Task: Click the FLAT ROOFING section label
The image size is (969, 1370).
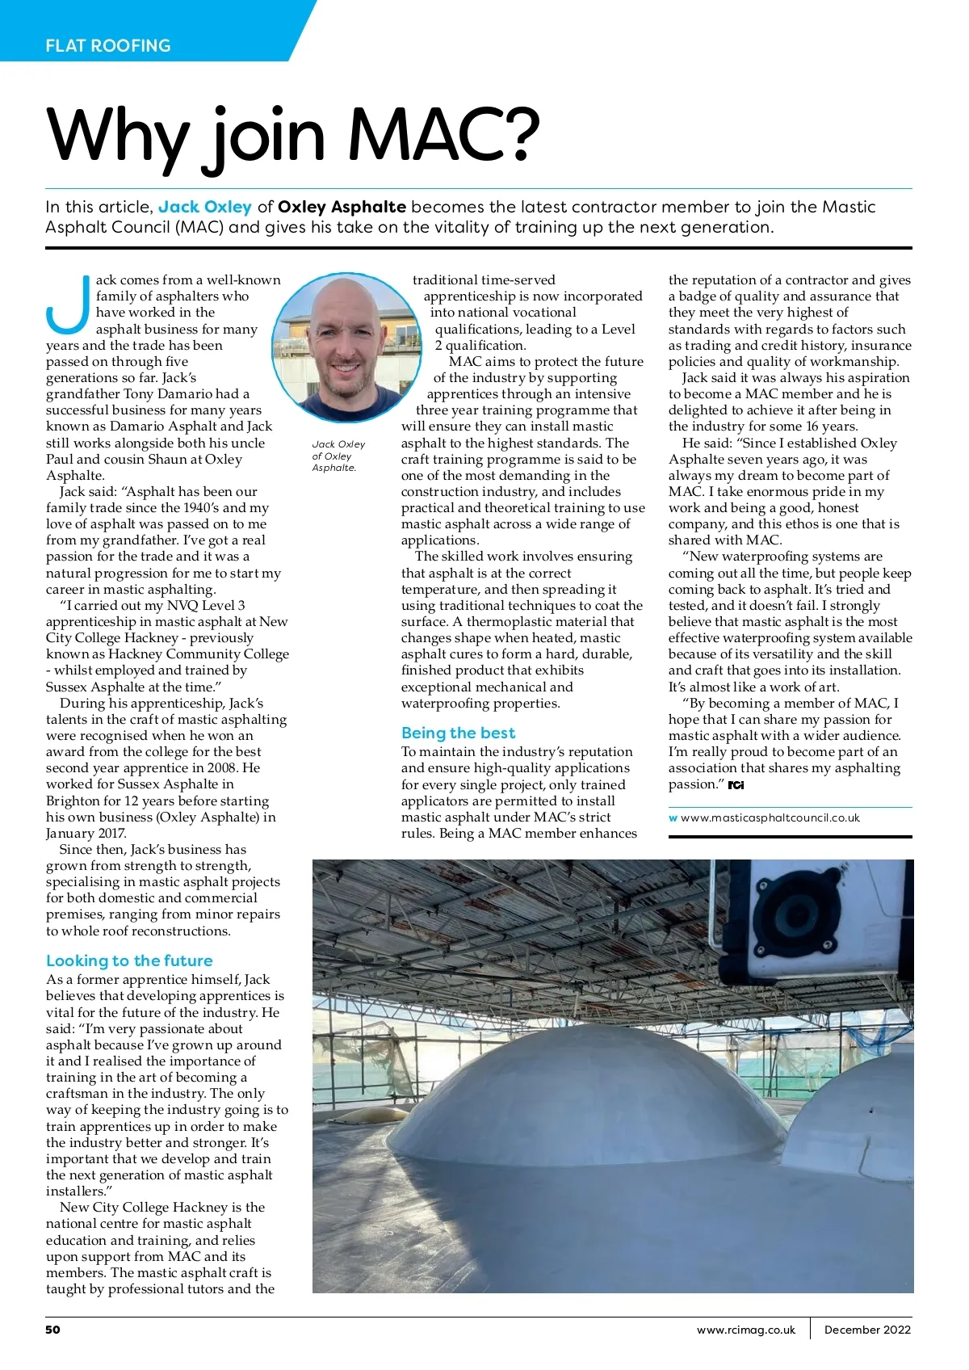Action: point(108,46)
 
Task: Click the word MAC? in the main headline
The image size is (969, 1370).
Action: point(443,135)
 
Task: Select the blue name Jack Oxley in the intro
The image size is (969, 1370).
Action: point(205,207)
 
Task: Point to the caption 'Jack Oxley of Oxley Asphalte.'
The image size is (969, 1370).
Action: point(338,456)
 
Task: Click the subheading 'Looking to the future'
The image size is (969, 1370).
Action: point(129,960)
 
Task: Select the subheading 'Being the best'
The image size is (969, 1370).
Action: point(458,733)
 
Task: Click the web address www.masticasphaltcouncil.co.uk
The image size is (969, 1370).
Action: point(770,817)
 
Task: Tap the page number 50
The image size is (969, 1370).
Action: point(52,1330)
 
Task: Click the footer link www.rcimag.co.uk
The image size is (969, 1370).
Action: point(745,1330)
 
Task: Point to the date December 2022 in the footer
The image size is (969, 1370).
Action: point(867,1330)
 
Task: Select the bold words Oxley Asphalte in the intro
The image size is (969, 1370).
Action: point(342,207)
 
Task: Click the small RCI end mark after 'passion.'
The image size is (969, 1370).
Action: point(736,785)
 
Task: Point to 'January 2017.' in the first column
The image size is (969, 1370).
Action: point(86,833)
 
